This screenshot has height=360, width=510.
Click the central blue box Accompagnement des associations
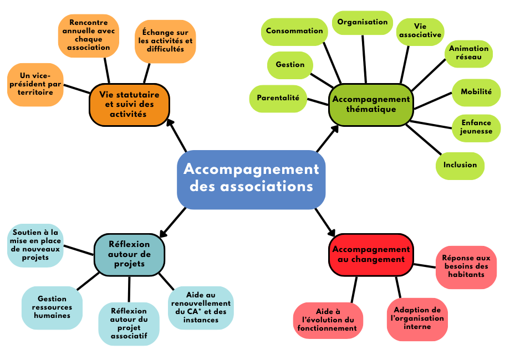pos(251,178)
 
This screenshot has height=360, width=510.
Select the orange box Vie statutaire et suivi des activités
pos(129,104)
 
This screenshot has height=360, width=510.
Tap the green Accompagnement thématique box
pos(371,104)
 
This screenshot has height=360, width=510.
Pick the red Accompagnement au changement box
pos(371,254)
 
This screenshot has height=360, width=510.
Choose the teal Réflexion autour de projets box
pos(129,254)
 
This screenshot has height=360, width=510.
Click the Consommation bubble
pos(294,31)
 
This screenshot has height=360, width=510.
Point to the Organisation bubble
pos(363,22)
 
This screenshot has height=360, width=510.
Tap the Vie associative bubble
pos(420,31)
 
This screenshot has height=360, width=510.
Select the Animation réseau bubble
pos(468,53)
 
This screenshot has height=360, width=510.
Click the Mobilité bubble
pos(476,92)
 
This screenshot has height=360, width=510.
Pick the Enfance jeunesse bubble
pos(476,127)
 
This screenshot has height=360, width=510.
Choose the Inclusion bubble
pos(460,164)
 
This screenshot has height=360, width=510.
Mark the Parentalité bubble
pos(278,98)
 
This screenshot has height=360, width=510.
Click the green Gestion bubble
pos(290,65)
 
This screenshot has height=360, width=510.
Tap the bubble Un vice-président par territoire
pos(35,84)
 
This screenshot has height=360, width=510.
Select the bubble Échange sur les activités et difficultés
pos(165,41)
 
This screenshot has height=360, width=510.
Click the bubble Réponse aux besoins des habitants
pos(466,266)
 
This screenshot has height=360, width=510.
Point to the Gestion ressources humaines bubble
pos(51,307)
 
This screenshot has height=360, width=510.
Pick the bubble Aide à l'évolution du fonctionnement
pos(328,320)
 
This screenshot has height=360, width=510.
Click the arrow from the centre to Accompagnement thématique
pos(328,138)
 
